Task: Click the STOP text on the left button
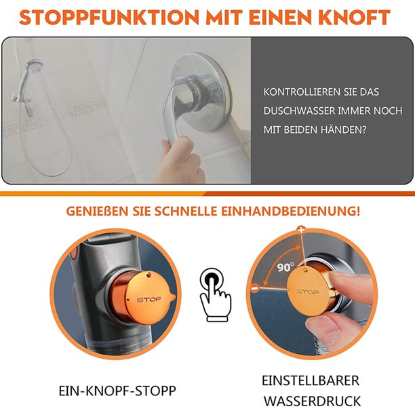[150, 299]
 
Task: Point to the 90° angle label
[267, 268]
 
